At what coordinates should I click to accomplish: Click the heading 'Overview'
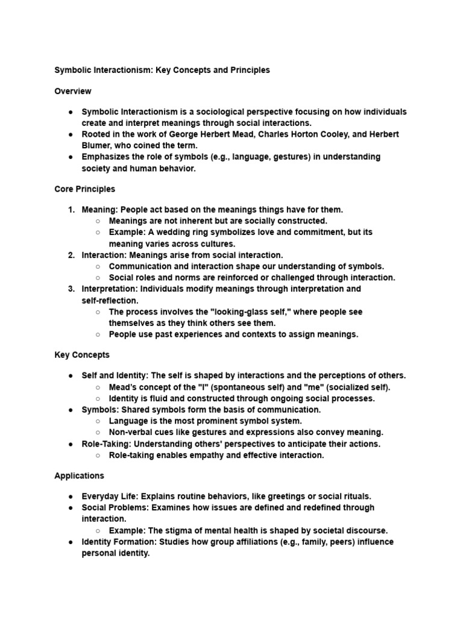[73, 92]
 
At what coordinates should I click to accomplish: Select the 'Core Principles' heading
[84, 189]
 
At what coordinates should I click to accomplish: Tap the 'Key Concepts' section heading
[82, 355]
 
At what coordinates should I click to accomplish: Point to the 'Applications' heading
[79, 476]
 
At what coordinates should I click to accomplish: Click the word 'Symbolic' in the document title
[73, 70]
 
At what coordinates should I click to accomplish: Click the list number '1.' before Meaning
[71, 210]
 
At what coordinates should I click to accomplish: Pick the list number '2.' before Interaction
[71, 255]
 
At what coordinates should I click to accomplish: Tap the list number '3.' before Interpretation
[71, 289]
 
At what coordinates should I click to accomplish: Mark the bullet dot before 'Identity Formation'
[71, 542]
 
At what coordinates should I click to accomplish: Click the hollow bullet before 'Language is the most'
[98, 421]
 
